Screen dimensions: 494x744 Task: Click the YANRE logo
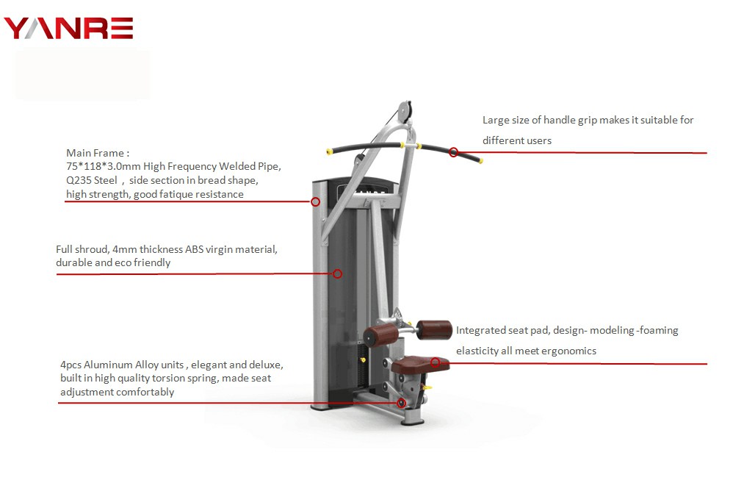[68, 28]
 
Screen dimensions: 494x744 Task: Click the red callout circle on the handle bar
[454, 153]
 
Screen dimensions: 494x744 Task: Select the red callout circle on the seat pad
[436, 362]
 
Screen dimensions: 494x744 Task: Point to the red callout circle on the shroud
[338, 273]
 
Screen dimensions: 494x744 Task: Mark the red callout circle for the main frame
[316, 201]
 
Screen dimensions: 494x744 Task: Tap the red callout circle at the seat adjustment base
[401, 403]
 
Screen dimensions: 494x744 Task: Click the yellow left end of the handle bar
[328, 152]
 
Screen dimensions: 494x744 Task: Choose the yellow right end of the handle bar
[480, 160]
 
